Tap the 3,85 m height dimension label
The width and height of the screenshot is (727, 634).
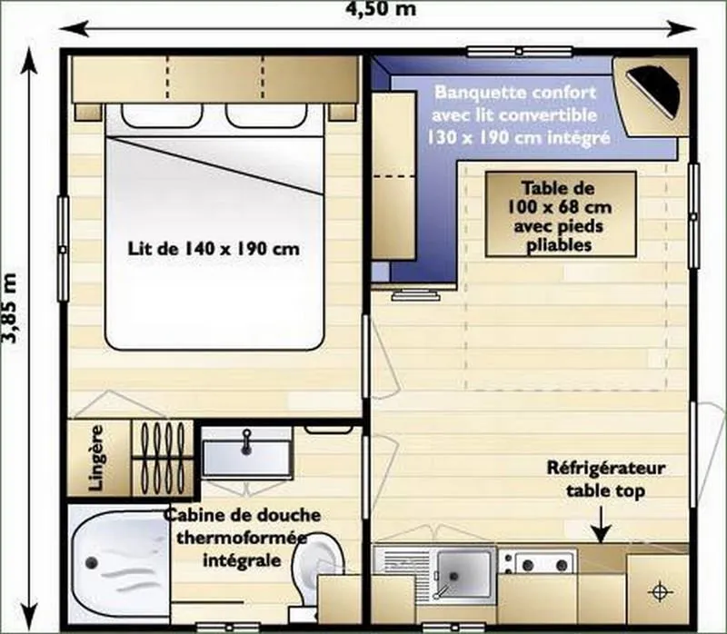[x=12, y=306]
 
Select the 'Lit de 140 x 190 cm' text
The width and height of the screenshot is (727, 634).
[x=214, y=248]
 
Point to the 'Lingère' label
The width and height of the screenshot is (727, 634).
[x=96, y=457]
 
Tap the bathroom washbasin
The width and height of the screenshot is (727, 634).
[x=246, y=451]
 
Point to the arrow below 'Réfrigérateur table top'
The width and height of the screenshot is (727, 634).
[x=601, y=528]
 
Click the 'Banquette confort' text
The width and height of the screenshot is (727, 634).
[x=515, y=93]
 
